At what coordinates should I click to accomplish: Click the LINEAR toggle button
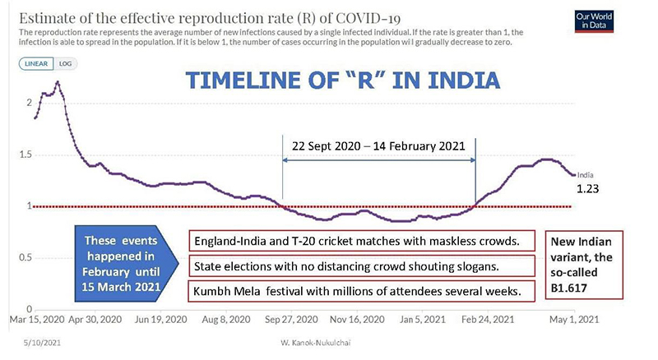click(x=36, y=63)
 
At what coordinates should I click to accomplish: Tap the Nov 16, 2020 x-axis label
click(x=358, y=318)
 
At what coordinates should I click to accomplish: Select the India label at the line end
click(x=586, y=174)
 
